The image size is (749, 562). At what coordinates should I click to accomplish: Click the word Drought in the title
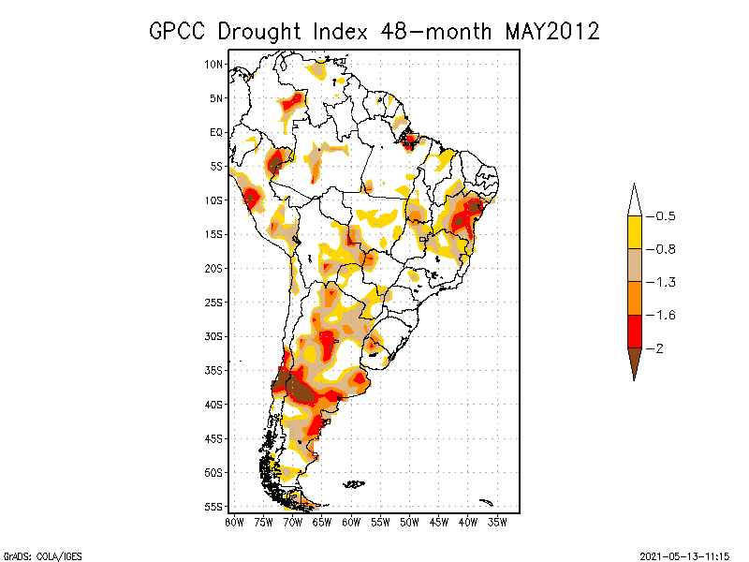click(259, 32)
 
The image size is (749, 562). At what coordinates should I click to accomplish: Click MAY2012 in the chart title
click(552, 32)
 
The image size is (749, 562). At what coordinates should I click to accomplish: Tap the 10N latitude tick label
click(213, 64)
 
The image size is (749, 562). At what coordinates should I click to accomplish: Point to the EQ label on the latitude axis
click(216, 132)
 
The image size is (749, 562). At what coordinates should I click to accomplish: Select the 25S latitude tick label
click(213, 303)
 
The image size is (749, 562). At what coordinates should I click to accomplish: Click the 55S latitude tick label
click(213, 507)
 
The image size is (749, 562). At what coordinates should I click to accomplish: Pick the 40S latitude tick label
click(213, 405)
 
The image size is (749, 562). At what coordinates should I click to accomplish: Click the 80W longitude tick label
click(234, 523)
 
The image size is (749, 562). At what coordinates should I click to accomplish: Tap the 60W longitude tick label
click(351, 523)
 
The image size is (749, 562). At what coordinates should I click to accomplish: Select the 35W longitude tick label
click(497, 523)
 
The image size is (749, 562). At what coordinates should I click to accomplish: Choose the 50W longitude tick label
click(409, 523)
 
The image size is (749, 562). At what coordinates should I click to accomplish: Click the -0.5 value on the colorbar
click(661, 216)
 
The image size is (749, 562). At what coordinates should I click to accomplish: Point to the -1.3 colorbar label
click(661, 283)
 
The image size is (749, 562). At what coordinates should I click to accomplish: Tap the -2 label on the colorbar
click(654, 348)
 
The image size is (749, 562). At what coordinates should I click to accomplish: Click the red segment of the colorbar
click(635, 332)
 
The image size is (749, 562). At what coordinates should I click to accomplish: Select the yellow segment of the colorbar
click(635, 232)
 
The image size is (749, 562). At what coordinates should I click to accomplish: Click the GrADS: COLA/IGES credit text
click(42, 556)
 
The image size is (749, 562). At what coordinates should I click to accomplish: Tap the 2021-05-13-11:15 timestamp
click(684, 556)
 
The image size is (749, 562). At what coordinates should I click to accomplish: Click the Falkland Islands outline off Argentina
click(354, 484)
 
